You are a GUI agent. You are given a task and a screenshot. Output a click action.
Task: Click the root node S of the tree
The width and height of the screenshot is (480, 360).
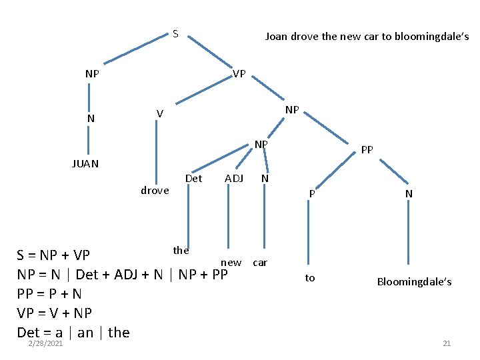(175, 33)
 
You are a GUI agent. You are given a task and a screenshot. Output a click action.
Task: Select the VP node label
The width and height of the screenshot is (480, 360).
(239, 73)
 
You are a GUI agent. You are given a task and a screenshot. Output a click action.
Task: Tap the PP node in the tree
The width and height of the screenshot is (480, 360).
(367, 150)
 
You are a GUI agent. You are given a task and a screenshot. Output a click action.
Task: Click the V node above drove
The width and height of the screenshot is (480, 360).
(159, 114)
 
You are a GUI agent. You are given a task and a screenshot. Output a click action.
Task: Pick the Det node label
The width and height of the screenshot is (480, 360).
(193, 178)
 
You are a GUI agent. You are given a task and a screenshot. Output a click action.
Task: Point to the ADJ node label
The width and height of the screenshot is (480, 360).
(234, 178)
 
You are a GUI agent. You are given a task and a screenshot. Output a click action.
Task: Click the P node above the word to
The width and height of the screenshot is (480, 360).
(311, 193)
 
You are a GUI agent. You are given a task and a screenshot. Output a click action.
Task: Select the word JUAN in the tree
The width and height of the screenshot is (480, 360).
(85, 163)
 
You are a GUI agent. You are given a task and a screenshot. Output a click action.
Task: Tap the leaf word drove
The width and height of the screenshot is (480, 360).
(155, 191)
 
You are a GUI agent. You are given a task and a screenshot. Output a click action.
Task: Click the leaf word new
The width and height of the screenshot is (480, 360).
(231, 263)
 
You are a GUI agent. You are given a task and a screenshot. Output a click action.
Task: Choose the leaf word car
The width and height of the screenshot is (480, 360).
(260, 262)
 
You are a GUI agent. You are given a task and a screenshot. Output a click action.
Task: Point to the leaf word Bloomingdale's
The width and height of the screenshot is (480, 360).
(414, 281)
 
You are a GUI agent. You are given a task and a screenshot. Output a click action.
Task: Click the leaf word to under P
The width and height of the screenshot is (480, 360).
(310, 277)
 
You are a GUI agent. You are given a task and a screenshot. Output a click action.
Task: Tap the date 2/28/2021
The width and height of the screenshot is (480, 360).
(45, 343)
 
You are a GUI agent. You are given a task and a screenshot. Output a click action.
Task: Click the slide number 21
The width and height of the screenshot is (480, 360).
(447, 343)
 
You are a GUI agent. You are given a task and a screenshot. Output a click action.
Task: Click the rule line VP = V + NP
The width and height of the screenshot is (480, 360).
(54, 313)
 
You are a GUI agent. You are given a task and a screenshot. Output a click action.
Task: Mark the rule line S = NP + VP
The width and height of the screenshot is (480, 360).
(53, 255)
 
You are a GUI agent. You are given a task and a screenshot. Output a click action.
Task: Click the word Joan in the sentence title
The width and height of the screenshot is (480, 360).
(277, 37)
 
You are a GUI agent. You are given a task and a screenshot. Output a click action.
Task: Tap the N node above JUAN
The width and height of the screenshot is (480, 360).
(91, 119)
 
